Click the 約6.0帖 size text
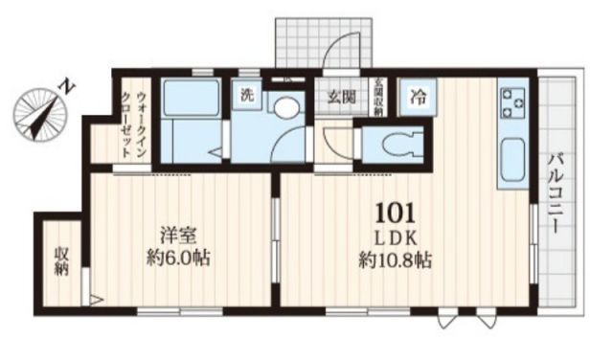click(x=177, y=259)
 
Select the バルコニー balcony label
click(x=555, y=191)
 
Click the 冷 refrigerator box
click(x=419, y=97)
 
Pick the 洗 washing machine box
click(x=246, y=96)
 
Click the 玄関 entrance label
click(x=342, y=97)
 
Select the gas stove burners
click(x=511, y=101)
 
